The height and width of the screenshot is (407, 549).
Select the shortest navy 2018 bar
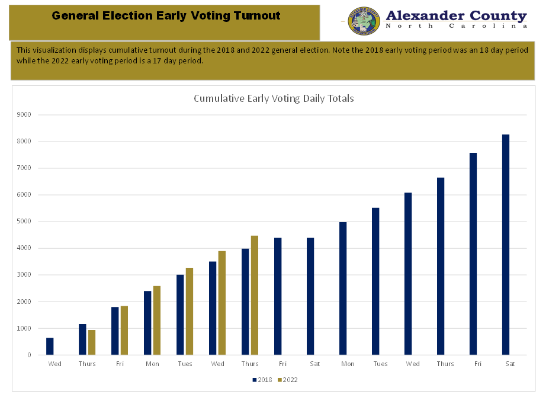coord(50,347)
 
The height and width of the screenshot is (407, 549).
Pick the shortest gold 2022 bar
coord(92,342)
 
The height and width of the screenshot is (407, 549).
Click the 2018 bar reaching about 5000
coord(342,289)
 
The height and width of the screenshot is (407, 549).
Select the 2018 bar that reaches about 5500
coord(375,281)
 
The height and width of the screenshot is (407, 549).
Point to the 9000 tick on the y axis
coord(25,115)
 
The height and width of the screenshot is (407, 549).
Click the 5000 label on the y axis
coord(25,222)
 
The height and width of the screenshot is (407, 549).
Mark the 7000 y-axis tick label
coord(25,168)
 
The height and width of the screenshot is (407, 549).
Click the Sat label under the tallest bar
coord(510,364)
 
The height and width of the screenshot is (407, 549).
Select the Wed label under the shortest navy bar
coord(54,364)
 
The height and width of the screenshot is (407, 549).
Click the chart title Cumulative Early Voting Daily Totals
coord(274,98)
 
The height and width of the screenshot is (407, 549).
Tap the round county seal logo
coord(363,21)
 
